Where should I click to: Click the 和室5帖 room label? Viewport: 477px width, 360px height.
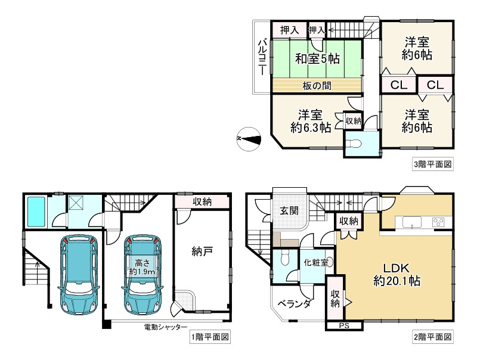[x=317, y=58]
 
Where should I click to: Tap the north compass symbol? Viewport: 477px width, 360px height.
[x=249, y=139]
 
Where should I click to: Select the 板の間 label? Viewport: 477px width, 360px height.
[x=317, y=86]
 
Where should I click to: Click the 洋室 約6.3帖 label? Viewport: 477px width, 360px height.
[x=310, y=122]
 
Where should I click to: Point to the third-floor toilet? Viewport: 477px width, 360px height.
[x=355, y=143]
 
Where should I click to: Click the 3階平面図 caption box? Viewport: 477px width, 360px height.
[x=433, y=165]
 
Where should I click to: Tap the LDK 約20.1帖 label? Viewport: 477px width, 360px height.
[x=397, y=274]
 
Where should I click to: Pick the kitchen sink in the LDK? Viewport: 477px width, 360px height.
[x=412, y=222]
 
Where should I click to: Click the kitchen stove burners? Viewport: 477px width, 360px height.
[x=438, y=222]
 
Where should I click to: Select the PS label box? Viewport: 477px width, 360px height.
[x=345, y=326]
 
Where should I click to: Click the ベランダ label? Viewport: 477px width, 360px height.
[x=295, y=303]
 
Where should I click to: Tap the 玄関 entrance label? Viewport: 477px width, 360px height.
[x=289, y=210]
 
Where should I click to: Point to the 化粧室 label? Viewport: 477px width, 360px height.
[x=316, y=262]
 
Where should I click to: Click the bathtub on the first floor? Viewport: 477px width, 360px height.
[x=36, y=212]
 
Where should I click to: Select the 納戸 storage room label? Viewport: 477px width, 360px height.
[x=202, y=252]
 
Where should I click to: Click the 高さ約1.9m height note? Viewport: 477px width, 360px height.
[x=143, y=266]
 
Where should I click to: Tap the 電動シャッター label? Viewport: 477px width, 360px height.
[x=166, y=327]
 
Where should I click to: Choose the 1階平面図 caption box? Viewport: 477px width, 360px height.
[x=210, y=337]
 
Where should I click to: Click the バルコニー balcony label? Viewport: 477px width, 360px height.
[x=262, y=57]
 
